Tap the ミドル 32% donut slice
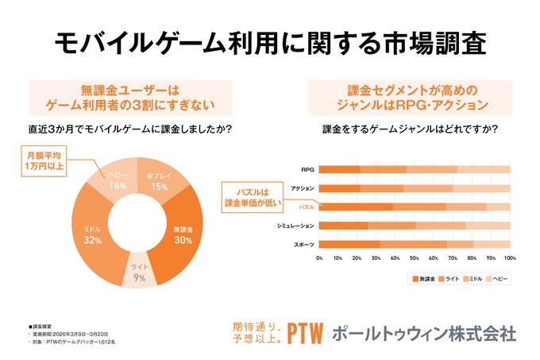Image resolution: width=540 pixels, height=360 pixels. (92, 234)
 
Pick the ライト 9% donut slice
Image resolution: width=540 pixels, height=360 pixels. (139, 273)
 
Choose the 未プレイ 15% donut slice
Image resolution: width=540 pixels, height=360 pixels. (158, 181)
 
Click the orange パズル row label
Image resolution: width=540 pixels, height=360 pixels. (305, 207)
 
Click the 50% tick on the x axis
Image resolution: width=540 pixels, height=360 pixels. (415, 258)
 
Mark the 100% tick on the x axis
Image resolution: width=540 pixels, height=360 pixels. (509, 258)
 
